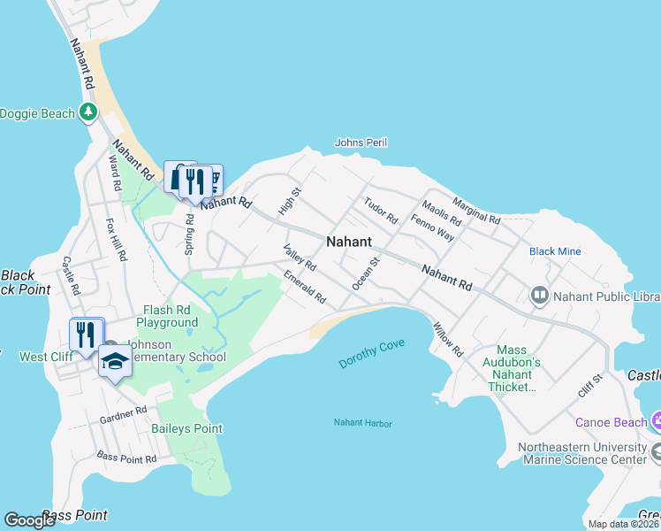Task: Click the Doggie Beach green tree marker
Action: coord(87,112)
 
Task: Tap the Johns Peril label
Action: coord(361,142)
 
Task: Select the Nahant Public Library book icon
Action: coord(538,294)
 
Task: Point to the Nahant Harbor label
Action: coord(362,423)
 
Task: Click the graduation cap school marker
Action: coord(115,361)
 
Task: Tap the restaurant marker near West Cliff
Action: coord(86,334)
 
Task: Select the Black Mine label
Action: coord(555,251)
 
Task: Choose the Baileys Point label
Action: coord(186,428)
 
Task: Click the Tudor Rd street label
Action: coord(381,210)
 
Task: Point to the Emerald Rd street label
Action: coord(305,288)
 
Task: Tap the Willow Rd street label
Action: coord(447,339)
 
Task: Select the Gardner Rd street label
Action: coord(123,413)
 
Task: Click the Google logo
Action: coord(30,519)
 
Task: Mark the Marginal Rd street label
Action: coord(476,210)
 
